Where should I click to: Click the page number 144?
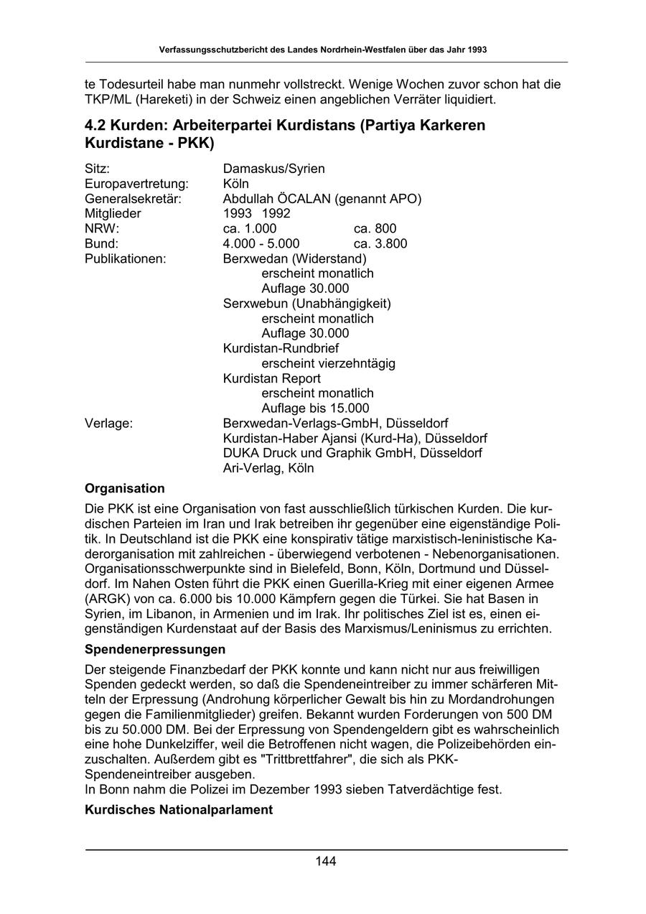[326, 862]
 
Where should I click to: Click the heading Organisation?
[125, 488]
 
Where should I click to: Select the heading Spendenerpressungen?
[155, 649]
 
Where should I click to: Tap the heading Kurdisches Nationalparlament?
[179, 810]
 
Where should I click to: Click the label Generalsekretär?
[133, 198]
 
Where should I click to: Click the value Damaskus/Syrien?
[273, 169]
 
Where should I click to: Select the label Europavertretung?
[136, 184]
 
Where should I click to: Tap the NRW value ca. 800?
[375, 228]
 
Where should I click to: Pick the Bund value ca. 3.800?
[380, 243]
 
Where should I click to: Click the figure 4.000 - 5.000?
[261, 243]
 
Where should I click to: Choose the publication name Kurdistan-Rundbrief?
[281, 348]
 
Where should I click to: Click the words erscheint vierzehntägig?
[328, 363]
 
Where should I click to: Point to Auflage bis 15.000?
[315, 408]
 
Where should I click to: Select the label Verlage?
[108, 423]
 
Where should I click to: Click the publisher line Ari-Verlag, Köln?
[268, 468]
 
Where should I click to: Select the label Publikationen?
[126, 258]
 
